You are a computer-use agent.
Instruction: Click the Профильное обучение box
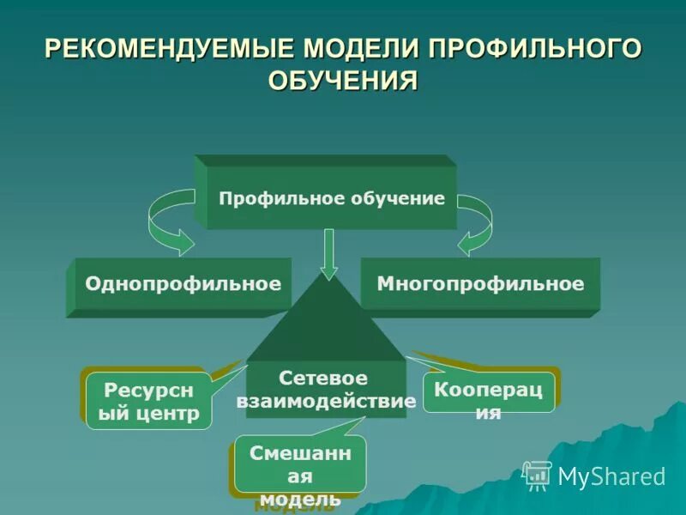[332, 198]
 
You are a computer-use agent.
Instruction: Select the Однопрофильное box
[183, 283]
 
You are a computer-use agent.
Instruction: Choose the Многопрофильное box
[480, 283]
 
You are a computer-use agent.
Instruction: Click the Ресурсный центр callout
[148, 401]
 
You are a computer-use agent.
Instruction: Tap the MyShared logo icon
[537, 475]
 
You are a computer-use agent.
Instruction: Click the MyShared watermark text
[611, 476]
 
